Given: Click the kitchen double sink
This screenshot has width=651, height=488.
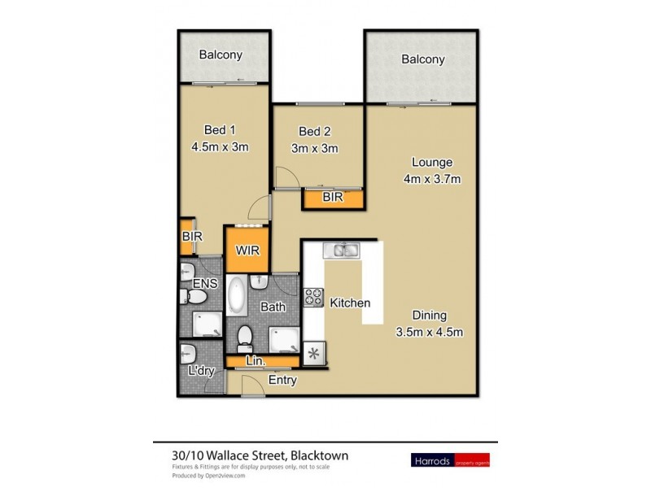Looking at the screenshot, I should [x=339, y=250].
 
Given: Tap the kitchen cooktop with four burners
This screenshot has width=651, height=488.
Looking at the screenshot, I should [x=313, y=298].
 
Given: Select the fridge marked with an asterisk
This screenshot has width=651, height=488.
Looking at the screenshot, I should [x=312, y=355].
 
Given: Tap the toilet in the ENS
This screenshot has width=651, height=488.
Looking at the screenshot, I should [x=186, y=271].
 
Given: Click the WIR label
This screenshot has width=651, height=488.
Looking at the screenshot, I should [x=247, y=251].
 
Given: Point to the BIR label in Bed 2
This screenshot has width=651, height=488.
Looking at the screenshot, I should [x=331, y=197].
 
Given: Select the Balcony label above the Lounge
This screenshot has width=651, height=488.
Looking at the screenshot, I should [x=422, y=59].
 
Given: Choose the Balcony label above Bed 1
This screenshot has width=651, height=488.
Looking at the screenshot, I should [x=221, y=55].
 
